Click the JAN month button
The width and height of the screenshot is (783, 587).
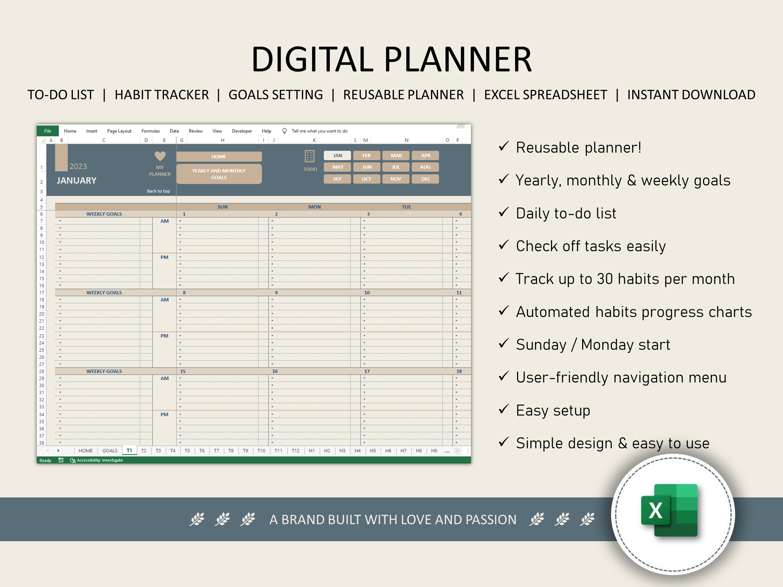click(337, 155)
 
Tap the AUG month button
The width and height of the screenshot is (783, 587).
click(425, 167)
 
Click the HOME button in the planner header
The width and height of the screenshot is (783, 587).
click(219, 157)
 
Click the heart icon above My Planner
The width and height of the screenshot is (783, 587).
click(160, 156)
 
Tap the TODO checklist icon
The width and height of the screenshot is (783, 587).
click(309, 156)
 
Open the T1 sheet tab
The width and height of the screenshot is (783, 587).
click(129, 450)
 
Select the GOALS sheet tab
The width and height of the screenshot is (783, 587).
click(110, 450)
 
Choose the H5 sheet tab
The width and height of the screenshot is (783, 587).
click(373, 450)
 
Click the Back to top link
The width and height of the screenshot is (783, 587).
click(158, 191)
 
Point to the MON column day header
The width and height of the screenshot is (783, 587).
click(314, 207)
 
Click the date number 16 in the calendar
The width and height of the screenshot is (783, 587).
click(275, 371)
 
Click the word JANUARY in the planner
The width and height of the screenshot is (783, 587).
click(77, 181)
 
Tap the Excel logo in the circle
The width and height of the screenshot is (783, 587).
click(669, 510)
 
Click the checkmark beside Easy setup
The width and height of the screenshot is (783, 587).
click(503, 409)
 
